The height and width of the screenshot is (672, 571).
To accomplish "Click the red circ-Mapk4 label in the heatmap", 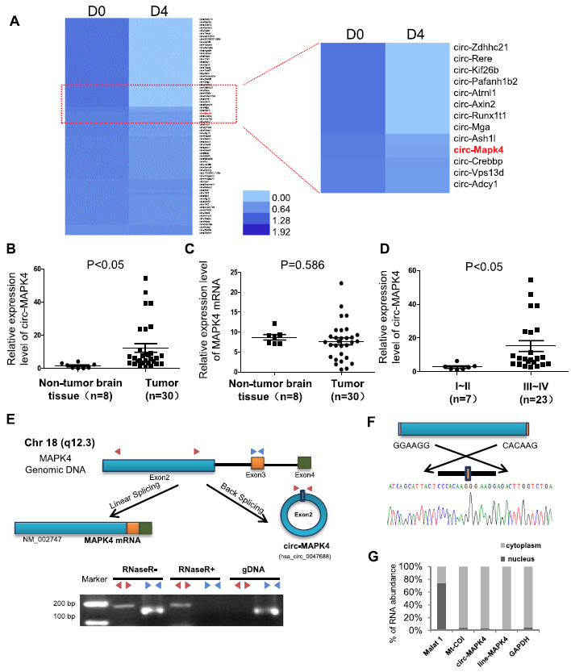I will [478, 149].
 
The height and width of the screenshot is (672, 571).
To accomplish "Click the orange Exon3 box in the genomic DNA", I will [257, 464].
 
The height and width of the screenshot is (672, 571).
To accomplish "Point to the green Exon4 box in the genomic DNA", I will [304, 464].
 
